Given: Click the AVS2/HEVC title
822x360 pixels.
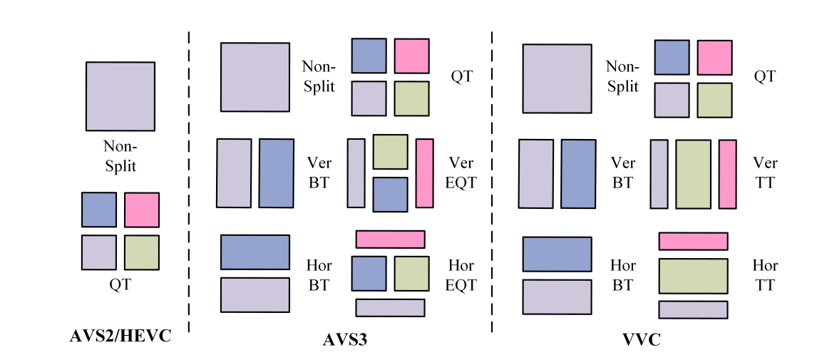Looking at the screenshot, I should point(120,336).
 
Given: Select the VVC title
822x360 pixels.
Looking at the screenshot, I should point(641,341).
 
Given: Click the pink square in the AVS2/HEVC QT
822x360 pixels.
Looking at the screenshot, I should point(141,210).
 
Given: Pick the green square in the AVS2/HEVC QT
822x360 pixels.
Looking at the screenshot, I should point(141,252).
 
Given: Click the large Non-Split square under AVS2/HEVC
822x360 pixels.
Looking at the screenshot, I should point(120,96).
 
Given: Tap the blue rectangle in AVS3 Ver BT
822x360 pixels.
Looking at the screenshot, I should point(276,173).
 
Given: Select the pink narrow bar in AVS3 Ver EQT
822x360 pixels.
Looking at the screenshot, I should point(424,173).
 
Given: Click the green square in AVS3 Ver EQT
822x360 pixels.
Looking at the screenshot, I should point(390,152).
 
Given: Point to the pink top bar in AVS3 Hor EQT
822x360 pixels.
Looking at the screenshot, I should point(390,239).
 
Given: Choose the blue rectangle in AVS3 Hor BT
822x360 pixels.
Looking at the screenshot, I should point(255,252).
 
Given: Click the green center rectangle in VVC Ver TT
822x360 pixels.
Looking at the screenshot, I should point(693,174).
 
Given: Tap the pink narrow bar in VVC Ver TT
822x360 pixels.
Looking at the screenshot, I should point(727,174).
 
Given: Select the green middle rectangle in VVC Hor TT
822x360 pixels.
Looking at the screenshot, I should point(693,277).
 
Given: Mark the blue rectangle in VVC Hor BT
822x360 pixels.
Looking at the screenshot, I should point(557,254).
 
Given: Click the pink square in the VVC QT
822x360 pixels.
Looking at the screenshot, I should point(714,58).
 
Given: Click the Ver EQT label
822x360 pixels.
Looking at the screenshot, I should point(461,173).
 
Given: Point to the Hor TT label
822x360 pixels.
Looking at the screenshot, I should point(765,275).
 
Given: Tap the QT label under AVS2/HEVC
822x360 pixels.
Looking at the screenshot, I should point(120,284).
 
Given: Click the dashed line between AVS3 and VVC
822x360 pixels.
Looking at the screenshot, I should point(492,178).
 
